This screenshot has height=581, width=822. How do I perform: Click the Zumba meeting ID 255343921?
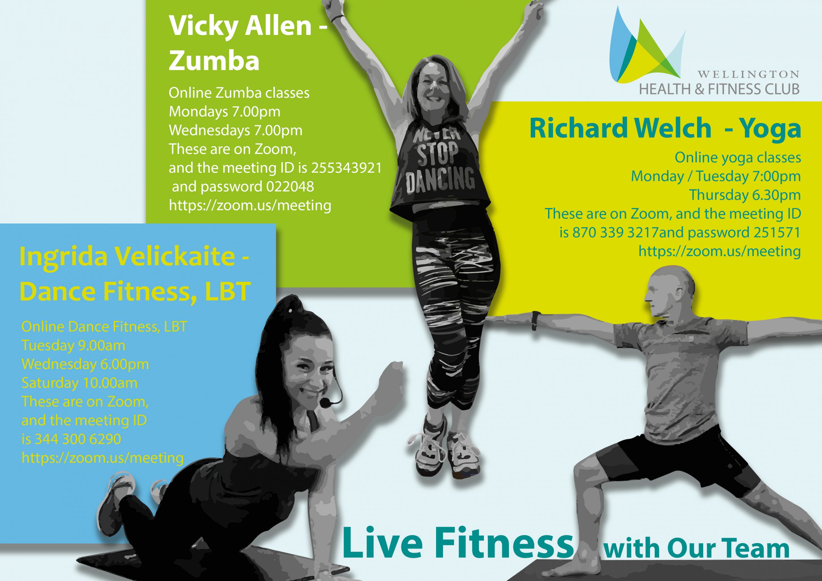point(346,168)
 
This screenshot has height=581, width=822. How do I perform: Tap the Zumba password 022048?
point(290,186)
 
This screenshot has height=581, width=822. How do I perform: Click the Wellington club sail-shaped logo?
point(646,45)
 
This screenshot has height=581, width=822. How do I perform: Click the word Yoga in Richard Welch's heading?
point(770,128)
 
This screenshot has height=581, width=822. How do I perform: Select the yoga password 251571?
point(776,232)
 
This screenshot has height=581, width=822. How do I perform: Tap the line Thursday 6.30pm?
point(745,195)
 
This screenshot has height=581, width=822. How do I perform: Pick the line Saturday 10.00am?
point(80,383)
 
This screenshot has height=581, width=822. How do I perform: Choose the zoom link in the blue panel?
point(103,458)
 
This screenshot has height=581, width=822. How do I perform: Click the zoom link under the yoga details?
point(720,251)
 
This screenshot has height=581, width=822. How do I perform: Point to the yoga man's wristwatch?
point(535,321)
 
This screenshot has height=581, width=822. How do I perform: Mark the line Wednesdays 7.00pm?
point(236,130)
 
